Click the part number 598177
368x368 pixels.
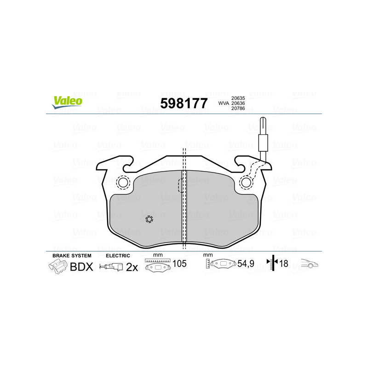coord(184,103)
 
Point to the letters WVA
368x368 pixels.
coord(224,103)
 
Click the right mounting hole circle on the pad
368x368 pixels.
coord(247,182)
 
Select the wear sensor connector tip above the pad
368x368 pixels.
coord(262,124)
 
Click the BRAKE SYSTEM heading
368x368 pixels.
coord(72,255)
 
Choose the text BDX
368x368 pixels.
coord(82,266)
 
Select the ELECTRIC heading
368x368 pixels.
coord(118,255)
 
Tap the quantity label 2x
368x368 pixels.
coord(132,267)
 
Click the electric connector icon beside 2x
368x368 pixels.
coord(112,266)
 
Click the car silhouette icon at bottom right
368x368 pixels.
coord(310,264)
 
